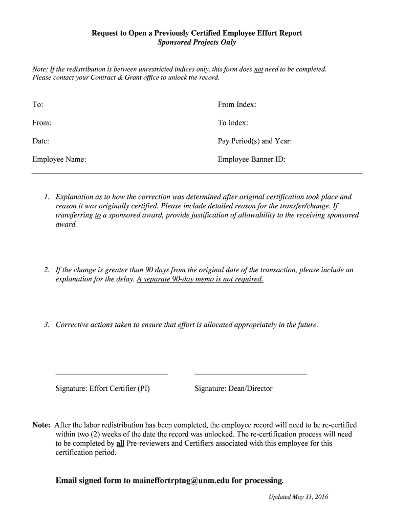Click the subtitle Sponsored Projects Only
click(196, 42)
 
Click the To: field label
click(38, 104)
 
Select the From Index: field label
click(237, 104)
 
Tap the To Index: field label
click(233, 123)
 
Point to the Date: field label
click(41, 141)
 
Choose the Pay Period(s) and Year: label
click(254, 141)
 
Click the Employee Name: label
click(59, 160)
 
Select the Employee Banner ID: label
click(251, 160)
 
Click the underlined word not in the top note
click(258, 69)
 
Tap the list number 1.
click(46, 197)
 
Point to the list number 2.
click(46, 270)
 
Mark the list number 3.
click(46, 324)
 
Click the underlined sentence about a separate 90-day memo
click(200, 279)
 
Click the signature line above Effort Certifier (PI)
click(112, 374)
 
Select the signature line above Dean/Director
click(251, 374)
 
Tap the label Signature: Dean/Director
click(233, 388)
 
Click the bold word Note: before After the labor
click(41, 425)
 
